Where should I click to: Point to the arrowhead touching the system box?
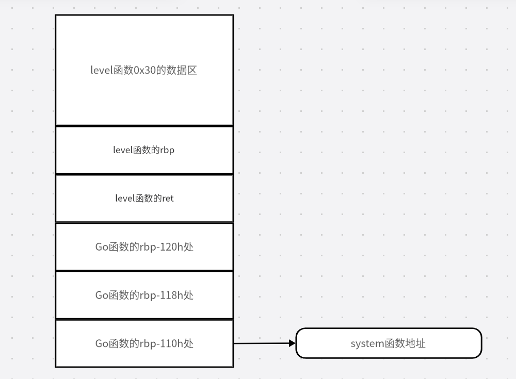pyautogui.click(x=292, y=343)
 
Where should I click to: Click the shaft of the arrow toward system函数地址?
pyautogui.click(x=261, y=343)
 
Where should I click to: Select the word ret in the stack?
pyautogui.click(x=168, y=198)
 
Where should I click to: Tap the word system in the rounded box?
pyautogui.click(x=367, y=343)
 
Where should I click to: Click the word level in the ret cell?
pyautogui.click(x=124, y=198)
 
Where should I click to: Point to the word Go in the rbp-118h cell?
pyautogui.click(x=101, y=295)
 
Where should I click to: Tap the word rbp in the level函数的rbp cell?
pyautogui.click(x=167, y=150)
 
